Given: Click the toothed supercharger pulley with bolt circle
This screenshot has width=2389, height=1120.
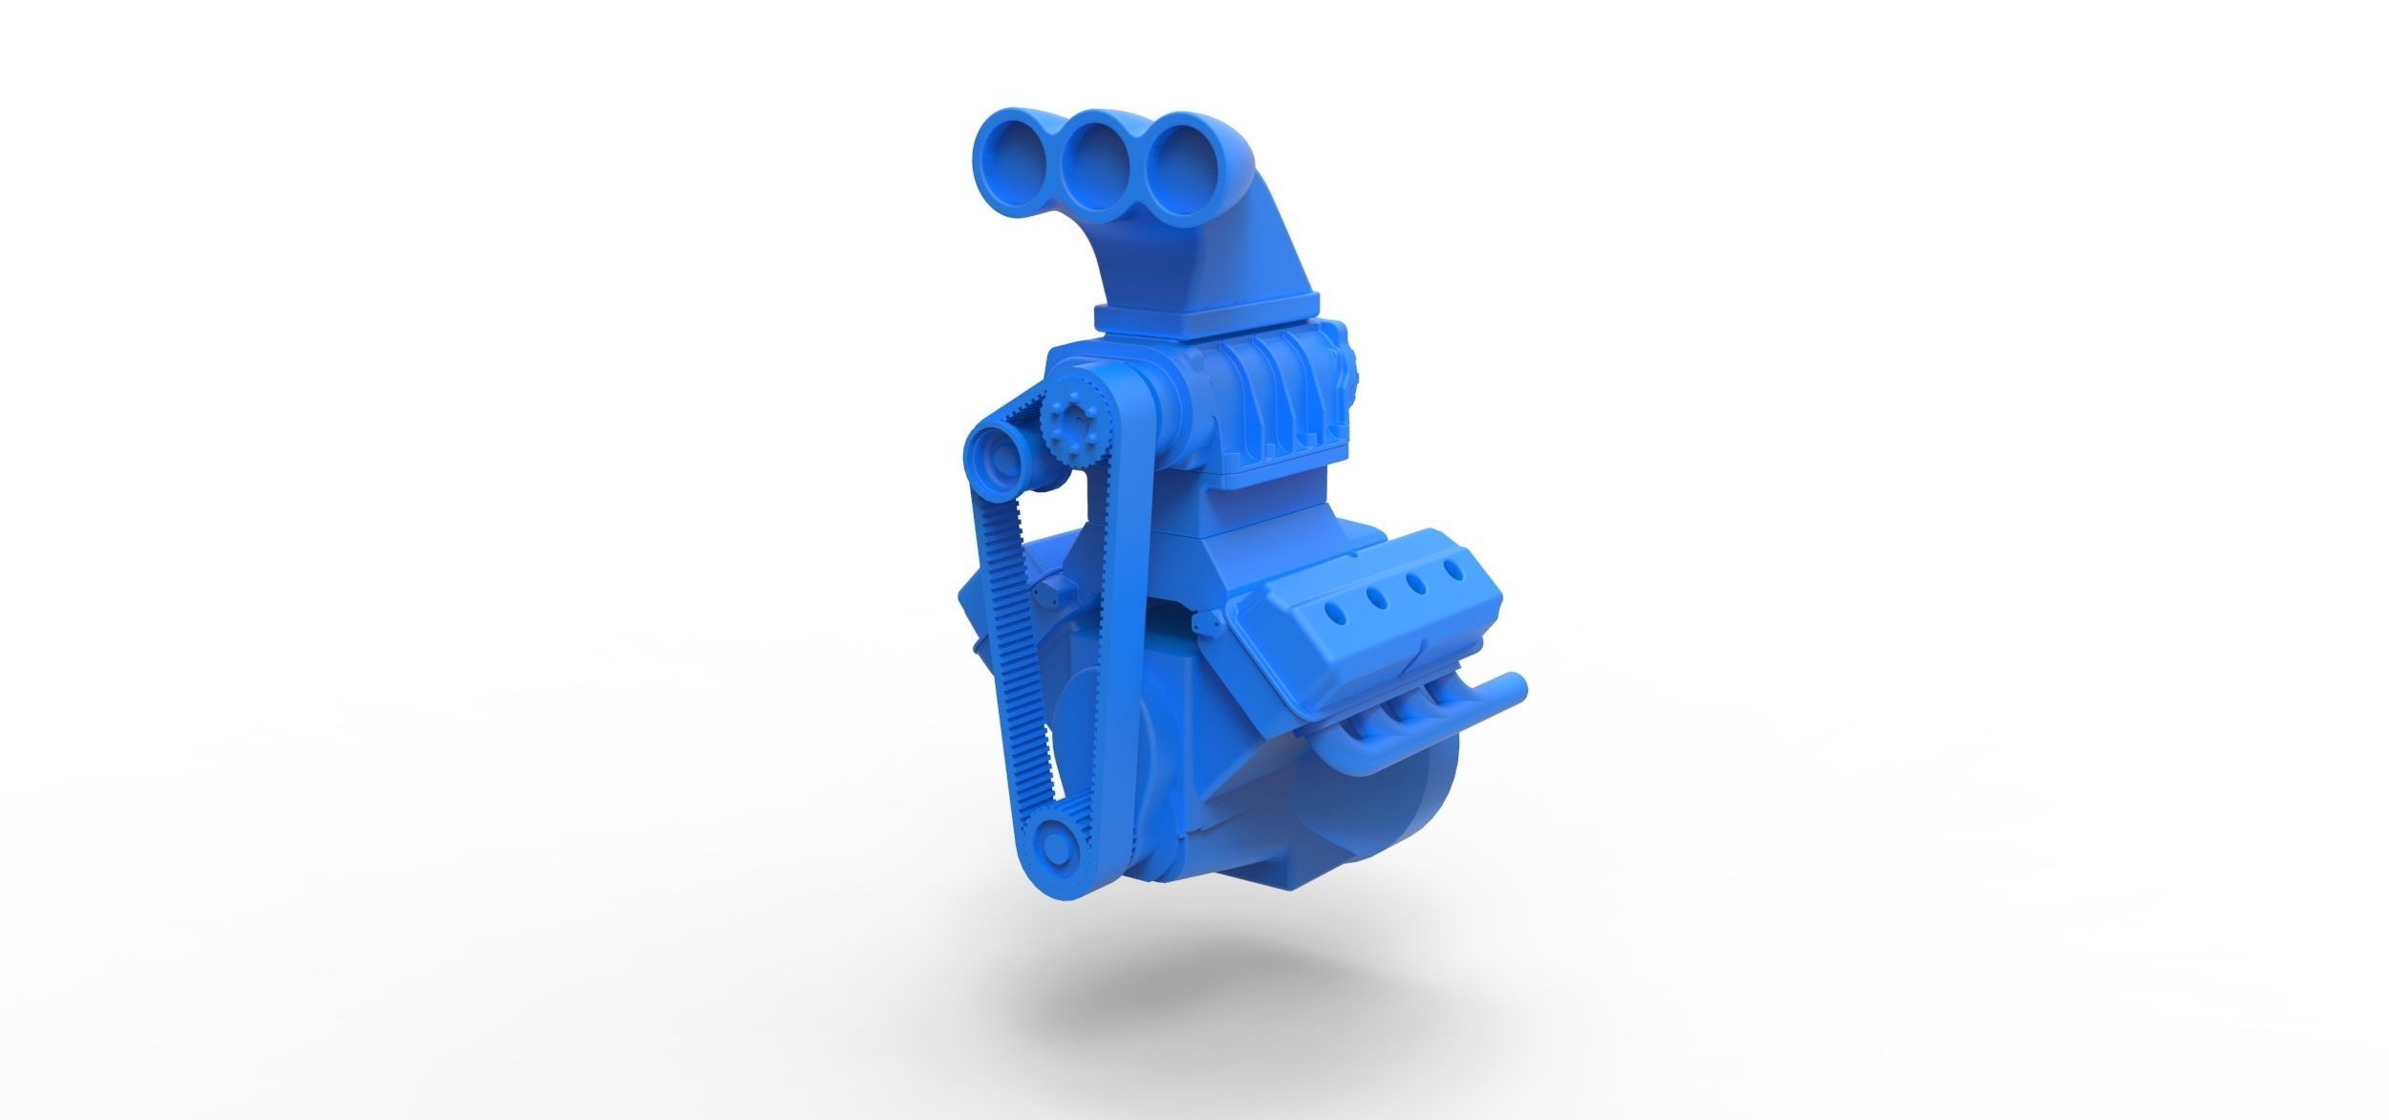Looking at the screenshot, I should (x=1068, y=442).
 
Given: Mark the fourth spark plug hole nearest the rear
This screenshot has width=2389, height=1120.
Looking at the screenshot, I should (x=1455, y=571).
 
